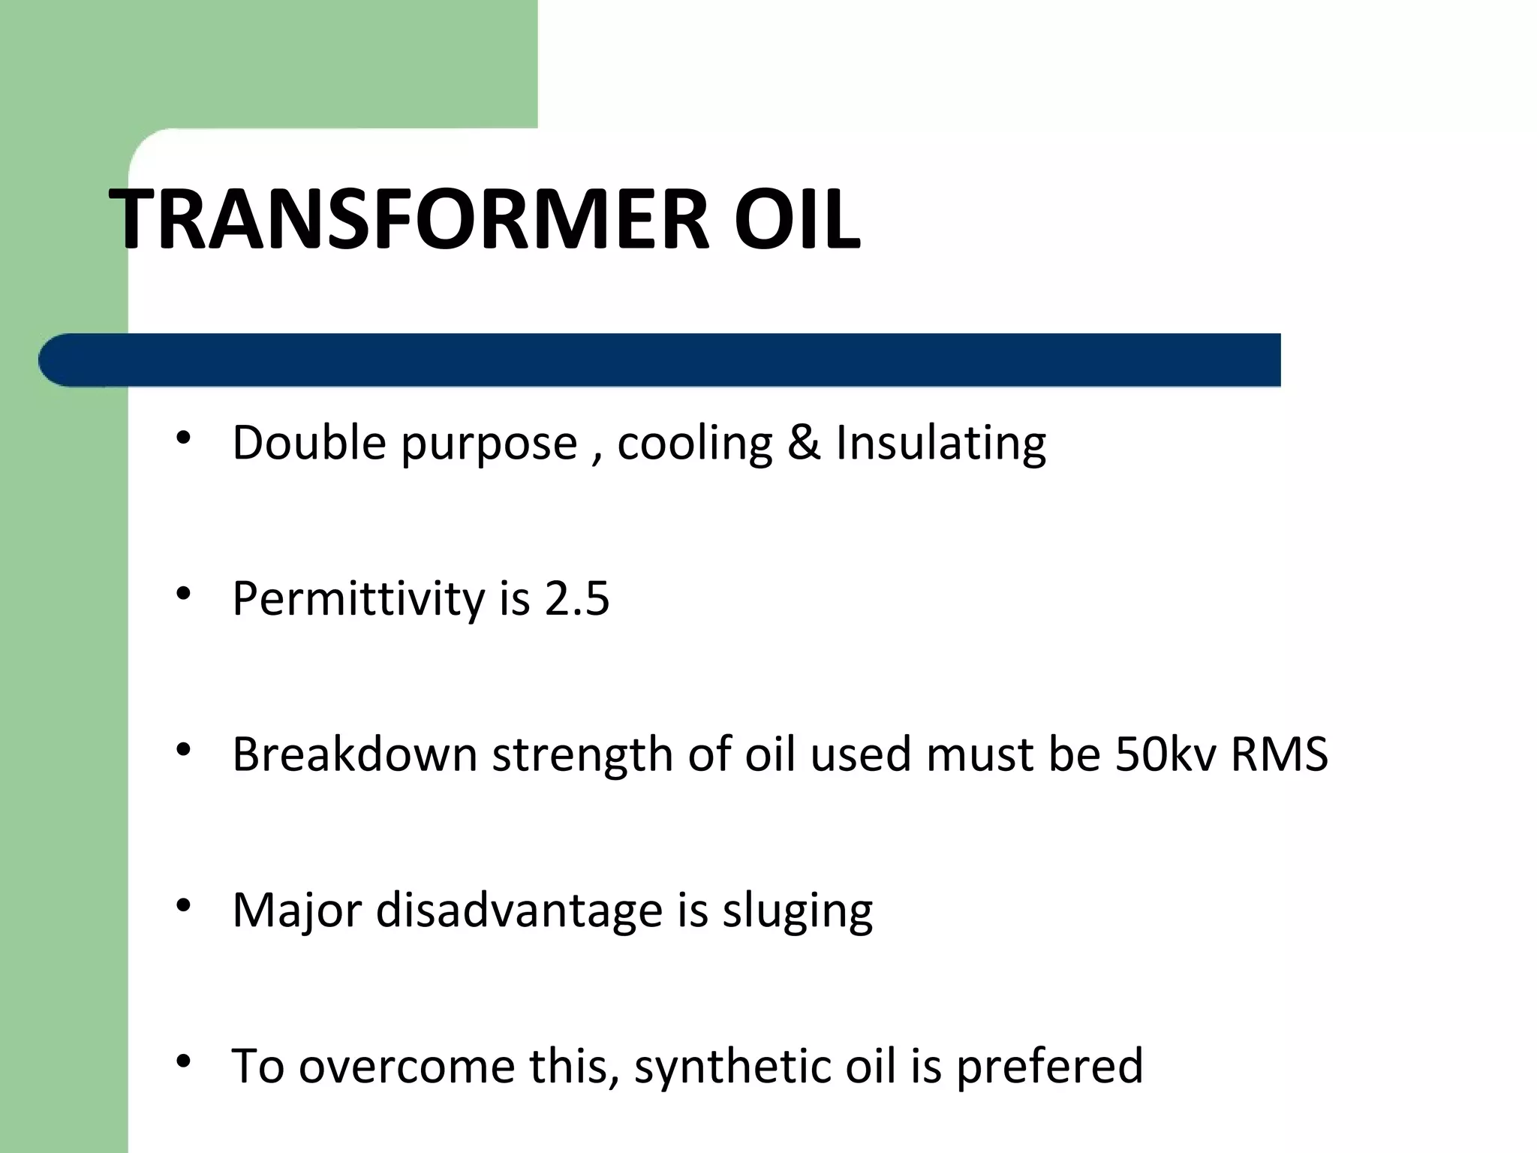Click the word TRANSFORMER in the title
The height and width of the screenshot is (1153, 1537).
[409, 219]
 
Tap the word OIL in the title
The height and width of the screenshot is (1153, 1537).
[797, 219]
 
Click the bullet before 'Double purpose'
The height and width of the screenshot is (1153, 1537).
[183, 438]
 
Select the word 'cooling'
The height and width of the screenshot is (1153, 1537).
[694, 444]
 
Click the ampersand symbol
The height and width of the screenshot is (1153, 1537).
[804, 442]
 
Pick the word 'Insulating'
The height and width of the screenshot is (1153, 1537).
[940, 444]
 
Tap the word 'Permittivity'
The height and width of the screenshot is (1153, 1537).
[359, 599]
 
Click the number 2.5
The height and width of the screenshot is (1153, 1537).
[577, 599]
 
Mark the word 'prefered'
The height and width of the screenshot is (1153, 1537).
[1049, 1067]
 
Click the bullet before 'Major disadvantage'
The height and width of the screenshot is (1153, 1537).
[183, 906]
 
